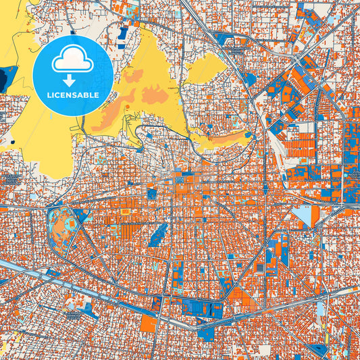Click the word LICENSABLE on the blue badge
click(x=73, y=95)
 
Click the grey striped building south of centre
click(x=261, y=268)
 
